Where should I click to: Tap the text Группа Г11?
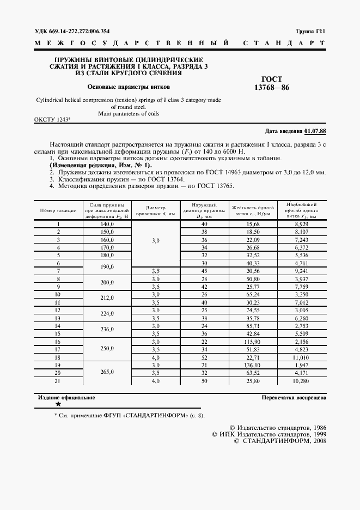pyautogui.click(x=310, y=32)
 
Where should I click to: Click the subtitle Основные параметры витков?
pyautogui.click(x=129, y=87)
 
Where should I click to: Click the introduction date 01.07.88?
pyautogui.click(x=315, y=131)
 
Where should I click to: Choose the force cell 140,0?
pyautogui.click(x=107, y=224)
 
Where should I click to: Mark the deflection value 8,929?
pyautogui.click(x=302, y=224)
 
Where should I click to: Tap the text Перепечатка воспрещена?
pyautogui.click(x=294, y=398)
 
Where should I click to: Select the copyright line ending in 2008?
pyautogui.click(x=279, y=441)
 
